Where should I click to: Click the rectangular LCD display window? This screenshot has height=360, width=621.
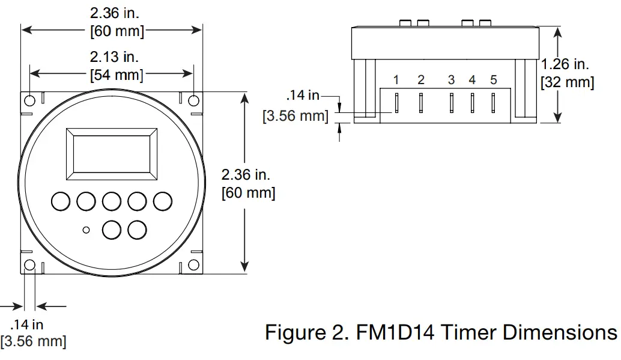click(111, 153)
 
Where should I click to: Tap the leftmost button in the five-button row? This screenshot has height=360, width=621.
click(60, 201)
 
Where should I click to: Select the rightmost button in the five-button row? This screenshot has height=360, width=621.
click(163, 201)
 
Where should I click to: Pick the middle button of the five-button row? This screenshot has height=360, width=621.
click(112, 201)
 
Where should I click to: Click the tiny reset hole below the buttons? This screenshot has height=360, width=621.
click(87, 230)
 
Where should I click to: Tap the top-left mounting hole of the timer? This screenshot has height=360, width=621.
click(29, 100)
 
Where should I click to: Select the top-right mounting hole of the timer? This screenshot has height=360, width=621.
click(194, 100)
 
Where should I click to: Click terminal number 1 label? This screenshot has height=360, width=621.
click(396, 80)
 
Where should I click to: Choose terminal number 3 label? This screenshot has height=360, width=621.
click(451, 80)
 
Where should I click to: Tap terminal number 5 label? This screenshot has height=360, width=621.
click(494, 80)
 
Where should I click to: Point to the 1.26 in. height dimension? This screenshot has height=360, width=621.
click(565, 64)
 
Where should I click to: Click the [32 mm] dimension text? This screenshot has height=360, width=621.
click(568, 82)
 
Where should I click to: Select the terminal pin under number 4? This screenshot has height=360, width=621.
click(473, 103)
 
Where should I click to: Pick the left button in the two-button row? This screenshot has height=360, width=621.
click(112, 230)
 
